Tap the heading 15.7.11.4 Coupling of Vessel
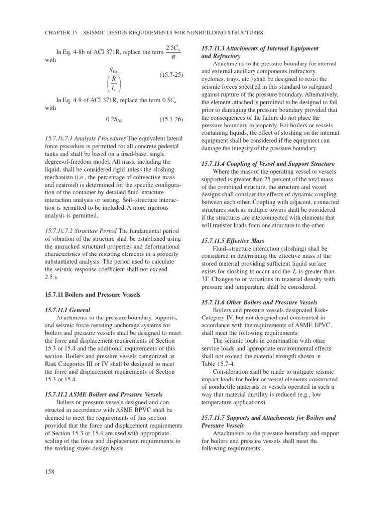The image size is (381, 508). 267,163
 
